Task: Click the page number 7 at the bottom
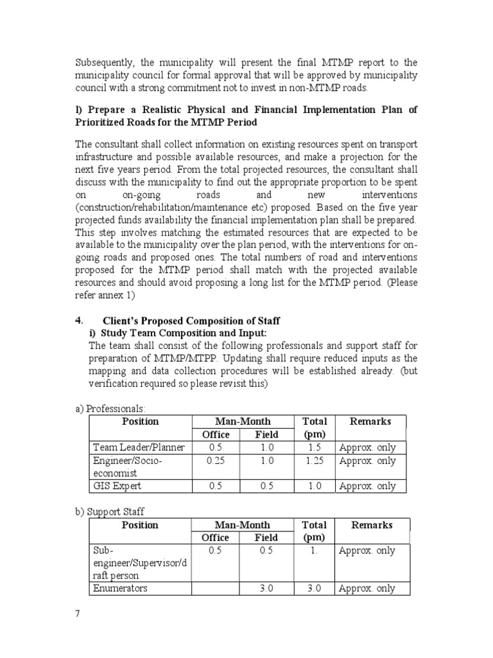click(x=78, y=613)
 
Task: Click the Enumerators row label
click(x=120, y=589)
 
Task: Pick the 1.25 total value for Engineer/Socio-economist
click(x=315, y=461)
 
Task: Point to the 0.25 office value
click(x=215, y=461)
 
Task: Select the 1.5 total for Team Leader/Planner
click(x=315, y=447)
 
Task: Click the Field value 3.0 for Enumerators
click(x=266, y=589)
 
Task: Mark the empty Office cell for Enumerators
click(x=215, y=589)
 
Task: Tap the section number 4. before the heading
click(x=79, y=320)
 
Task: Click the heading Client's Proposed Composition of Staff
click(x=191, y=321)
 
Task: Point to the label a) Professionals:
click(x=110, y=409)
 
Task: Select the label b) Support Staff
click(x=110, y=511)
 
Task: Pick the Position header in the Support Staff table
click(x=140, y=525)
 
